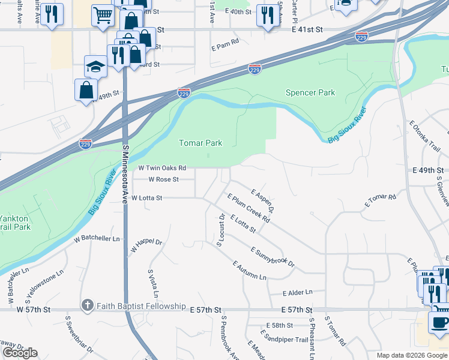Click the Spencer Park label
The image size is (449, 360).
310,92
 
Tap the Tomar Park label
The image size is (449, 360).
201,143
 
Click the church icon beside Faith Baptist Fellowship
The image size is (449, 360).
88,306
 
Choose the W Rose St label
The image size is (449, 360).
164,179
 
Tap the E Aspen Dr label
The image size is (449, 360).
264,201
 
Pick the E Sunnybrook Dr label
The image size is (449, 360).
273,257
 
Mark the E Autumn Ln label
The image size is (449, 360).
249,271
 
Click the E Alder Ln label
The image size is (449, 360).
298,292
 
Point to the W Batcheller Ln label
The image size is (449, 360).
97,238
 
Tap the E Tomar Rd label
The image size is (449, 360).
381,201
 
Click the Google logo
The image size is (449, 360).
20,353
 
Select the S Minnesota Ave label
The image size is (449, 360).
125,177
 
